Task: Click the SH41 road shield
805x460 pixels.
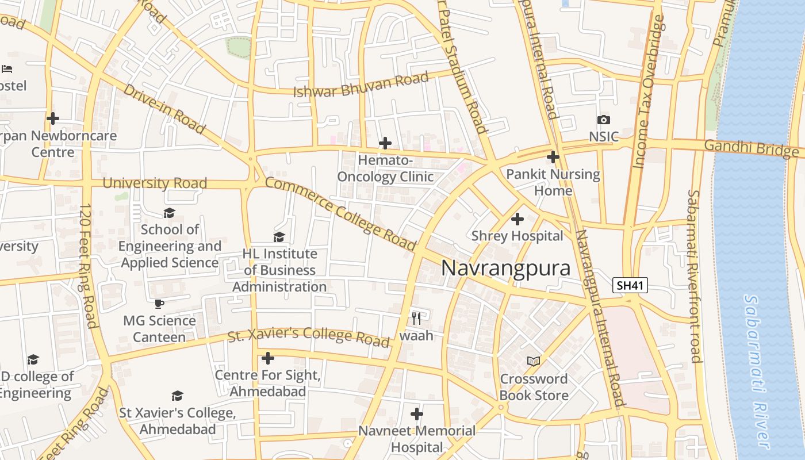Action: point(630,285)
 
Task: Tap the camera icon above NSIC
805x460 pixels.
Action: point(603,120)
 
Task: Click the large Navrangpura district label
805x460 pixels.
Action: point(505,269)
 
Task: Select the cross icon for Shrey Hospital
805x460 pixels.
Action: point(517,219)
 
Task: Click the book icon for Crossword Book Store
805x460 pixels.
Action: point(534,361)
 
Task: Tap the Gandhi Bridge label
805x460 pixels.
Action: point(750,148)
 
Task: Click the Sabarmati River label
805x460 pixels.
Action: point(757,371)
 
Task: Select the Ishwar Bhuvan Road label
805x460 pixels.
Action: point(361,85)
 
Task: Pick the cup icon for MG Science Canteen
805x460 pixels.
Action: point(159,304)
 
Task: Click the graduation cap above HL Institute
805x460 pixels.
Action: point(279,237)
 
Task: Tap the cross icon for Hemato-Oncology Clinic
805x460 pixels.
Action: point(385,143)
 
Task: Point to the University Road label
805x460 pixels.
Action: point(155,183)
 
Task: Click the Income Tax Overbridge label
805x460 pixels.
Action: point(648,92)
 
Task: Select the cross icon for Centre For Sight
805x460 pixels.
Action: point(267,359)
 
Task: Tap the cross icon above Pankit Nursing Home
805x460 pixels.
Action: point(553,156)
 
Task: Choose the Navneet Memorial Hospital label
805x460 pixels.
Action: point(417,439)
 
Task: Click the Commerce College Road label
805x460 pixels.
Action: point(340,214)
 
